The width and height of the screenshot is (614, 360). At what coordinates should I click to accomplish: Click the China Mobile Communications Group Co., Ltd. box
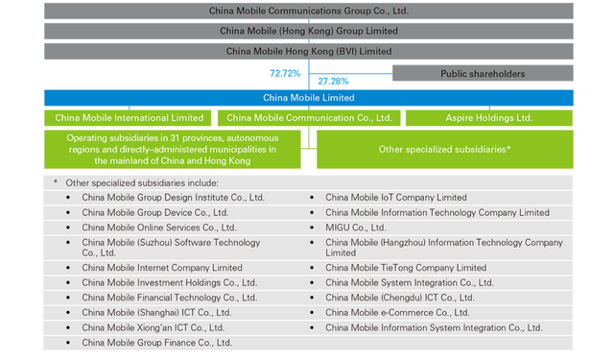click(x=308, y=12)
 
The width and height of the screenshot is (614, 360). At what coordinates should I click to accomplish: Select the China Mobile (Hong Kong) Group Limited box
click(x=308, y=31)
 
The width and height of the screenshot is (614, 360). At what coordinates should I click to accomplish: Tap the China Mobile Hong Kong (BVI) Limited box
click(x=308, y=50)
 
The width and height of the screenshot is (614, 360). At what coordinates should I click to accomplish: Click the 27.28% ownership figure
click(x=333, y=82)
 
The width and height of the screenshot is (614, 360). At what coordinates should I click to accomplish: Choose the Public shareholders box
click(x=483, y=73)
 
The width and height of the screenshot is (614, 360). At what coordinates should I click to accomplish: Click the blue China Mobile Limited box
click(x=308, y=98)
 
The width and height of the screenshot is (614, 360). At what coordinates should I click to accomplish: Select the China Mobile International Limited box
click(x=130, y=118)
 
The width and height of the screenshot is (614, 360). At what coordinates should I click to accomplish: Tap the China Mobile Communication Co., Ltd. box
click(x=307, y=118)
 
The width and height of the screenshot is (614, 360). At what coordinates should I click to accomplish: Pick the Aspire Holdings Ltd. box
click(x=489, y=118)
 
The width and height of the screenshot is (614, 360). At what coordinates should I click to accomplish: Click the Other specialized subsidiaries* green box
click(x=444, y=150)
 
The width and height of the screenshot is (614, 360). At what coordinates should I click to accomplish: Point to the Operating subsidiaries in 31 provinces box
click(x=172, y=150)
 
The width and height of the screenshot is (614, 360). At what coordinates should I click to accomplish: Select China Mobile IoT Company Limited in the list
click(x=395, y=198)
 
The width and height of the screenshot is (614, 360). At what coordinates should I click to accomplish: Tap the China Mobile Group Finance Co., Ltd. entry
click(x=157, y=342)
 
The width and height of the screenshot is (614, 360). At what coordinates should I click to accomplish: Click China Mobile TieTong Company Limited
click(x=405, y=268)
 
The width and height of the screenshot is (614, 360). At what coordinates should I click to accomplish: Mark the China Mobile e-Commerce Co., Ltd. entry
click(x=397, y=312)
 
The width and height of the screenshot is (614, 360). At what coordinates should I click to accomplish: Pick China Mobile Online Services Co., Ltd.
click(x=159, y=228)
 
